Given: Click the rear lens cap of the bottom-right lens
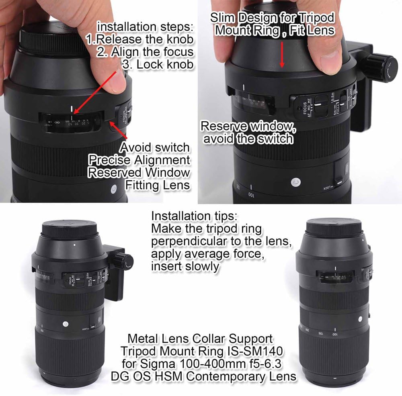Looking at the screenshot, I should tap(334, 227).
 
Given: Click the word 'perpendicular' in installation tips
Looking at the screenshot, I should tap(181, 242).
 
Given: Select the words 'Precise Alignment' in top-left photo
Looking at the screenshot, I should tap(139, 160).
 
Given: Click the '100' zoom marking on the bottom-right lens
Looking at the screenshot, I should tap(333, 333).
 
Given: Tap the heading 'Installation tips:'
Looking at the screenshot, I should tap(195, 216).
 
